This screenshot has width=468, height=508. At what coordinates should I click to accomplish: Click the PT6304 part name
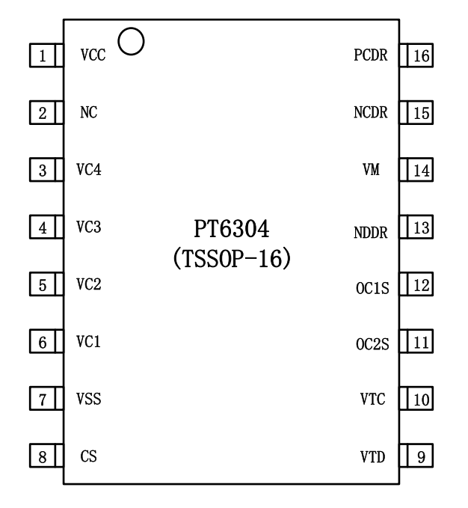point(232,229)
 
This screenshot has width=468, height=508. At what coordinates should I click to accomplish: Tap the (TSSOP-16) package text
point(232,258)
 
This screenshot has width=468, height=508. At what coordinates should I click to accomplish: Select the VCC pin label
point(93,55)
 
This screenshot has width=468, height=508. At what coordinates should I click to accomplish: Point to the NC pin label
point(89,112)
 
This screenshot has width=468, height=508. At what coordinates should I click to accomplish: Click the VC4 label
point(89,169)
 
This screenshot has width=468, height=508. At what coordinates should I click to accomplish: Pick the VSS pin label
point(89,399)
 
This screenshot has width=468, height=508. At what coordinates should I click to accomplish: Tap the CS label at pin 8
point(89,456)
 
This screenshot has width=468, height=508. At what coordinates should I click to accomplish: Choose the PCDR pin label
point(371,55)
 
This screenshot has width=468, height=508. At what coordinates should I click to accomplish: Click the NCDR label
point(371,112)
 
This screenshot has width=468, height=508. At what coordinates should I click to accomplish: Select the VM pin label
point(371,169)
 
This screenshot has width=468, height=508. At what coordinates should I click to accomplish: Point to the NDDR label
point(371,233)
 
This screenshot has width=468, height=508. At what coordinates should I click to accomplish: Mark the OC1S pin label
point(372,288)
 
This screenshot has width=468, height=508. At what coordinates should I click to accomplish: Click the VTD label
point(372,457)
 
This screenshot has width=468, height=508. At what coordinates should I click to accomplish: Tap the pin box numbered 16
point(416,55)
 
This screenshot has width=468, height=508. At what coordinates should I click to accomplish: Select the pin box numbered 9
point(416,456)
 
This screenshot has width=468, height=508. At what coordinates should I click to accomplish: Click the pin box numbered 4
point(46,227)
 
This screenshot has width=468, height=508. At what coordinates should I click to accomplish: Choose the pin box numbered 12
point(416,284)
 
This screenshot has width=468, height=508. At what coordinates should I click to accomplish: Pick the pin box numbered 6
point(46,341)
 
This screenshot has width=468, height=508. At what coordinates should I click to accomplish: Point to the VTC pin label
point(372,400)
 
